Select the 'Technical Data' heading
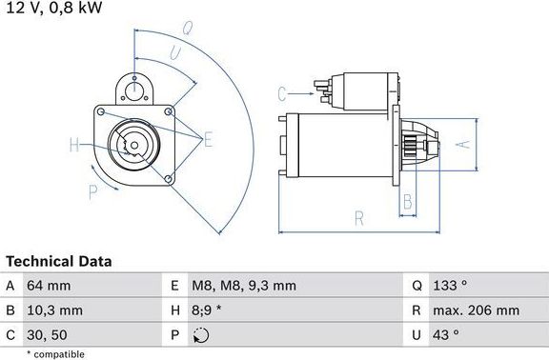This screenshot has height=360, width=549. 59,261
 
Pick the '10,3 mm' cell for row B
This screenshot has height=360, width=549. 57,310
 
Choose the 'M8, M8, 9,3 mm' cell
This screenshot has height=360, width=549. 245,286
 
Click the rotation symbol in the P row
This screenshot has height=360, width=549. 200,334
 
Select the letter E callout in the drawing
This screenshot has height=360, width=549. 208,140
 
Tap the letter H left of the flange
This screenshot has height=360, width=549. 74,146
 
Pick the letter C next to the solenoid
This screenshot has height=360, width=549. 282,93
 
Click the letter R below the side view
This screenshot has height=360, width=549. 358,218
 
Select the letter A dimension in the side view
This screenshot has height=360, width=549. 462,145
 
